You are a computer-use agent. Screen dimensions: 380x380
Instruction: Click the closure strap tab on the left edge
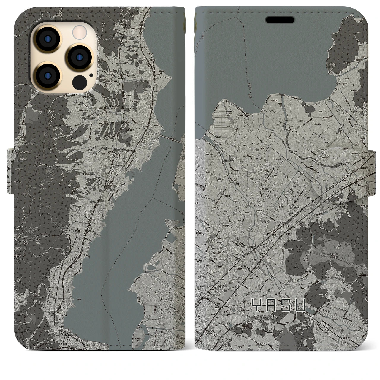9,172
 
